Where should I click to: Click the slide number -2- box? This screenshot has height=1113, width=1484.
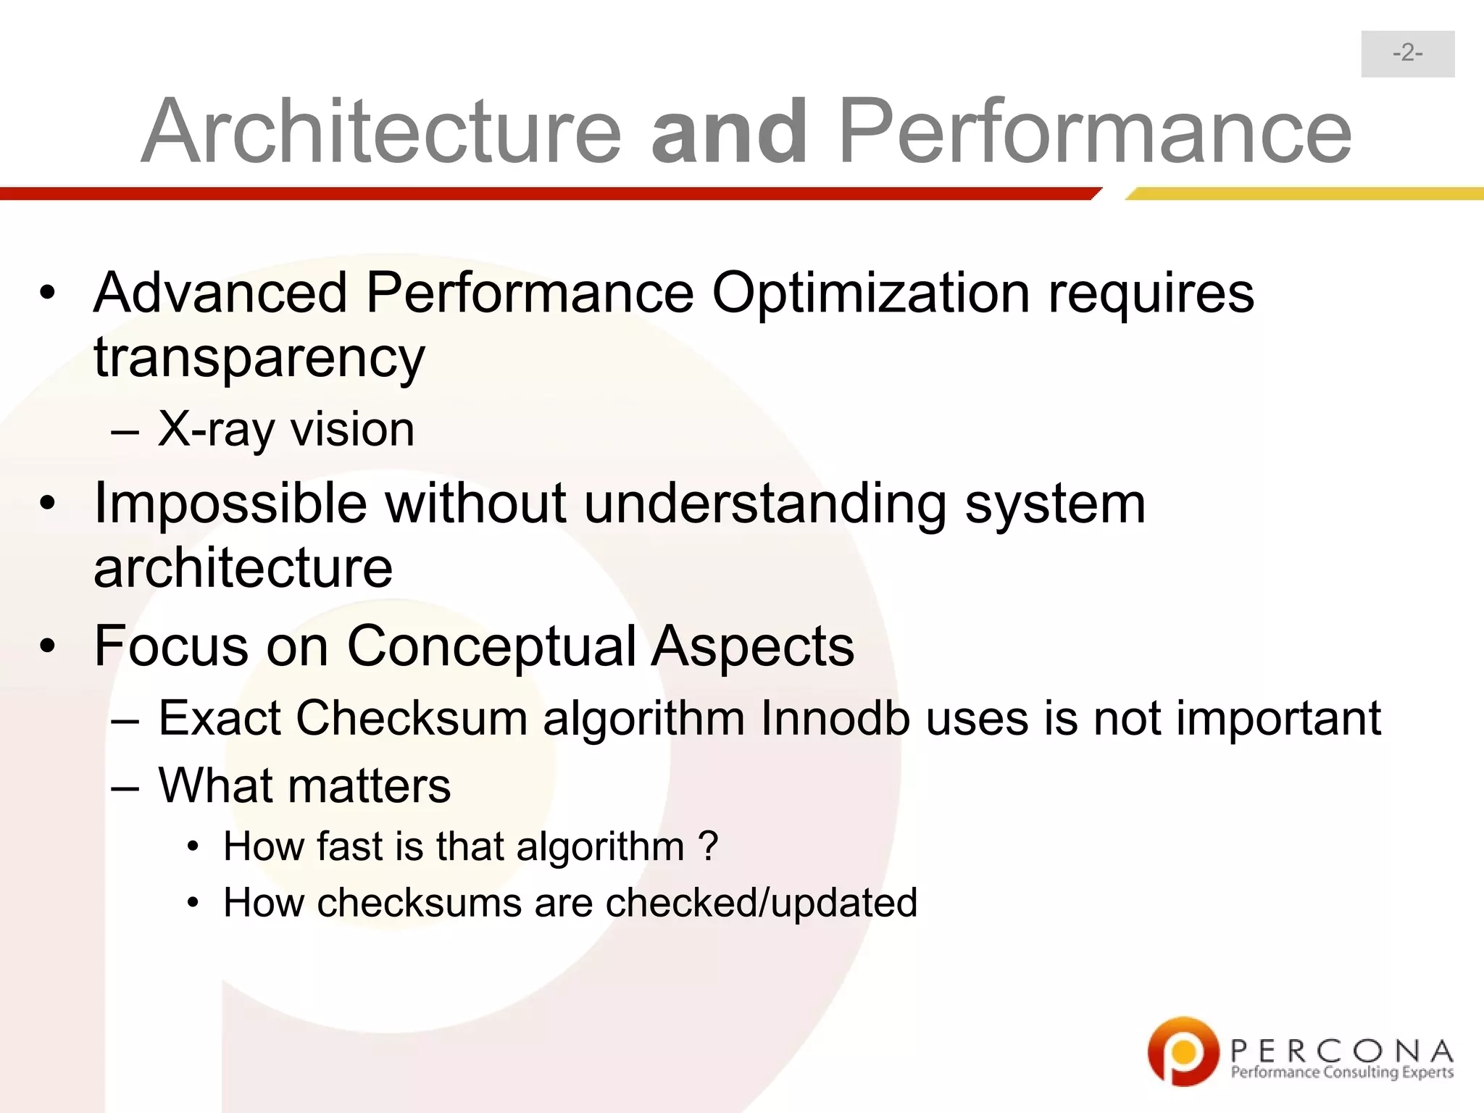coord(1407,54)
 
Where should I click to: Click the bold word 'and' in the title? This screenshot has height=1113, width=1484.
coord(729,131)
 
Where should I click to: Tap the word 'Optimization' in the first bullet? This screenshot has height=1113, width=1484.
coord(870,293)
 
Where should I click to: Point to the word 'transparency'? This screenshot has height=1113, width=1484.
coord(259,358)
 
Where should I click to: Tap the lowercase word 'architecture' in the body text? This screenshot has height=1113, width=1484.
coord(243,567)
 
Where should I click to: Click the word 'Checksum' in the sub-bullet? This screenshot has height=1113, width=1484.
coord(411,718)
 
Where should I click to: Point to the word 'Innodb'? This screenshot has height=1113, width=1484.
coord(835,718)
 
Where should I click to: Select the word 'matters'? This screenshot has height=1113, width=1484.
coord(369,785)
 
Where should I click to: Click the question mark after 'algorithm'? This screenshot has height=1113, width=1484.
coord(707,846)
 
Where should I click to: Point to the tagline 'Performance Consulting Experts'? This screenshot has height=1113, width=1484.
coord(1342,1072)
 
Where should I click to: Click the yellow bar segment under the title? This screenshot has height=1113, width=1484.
coord(1304,193)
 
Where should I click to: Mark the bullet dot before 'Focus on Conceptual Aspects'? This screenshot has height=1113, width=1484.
coord(48,645)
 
